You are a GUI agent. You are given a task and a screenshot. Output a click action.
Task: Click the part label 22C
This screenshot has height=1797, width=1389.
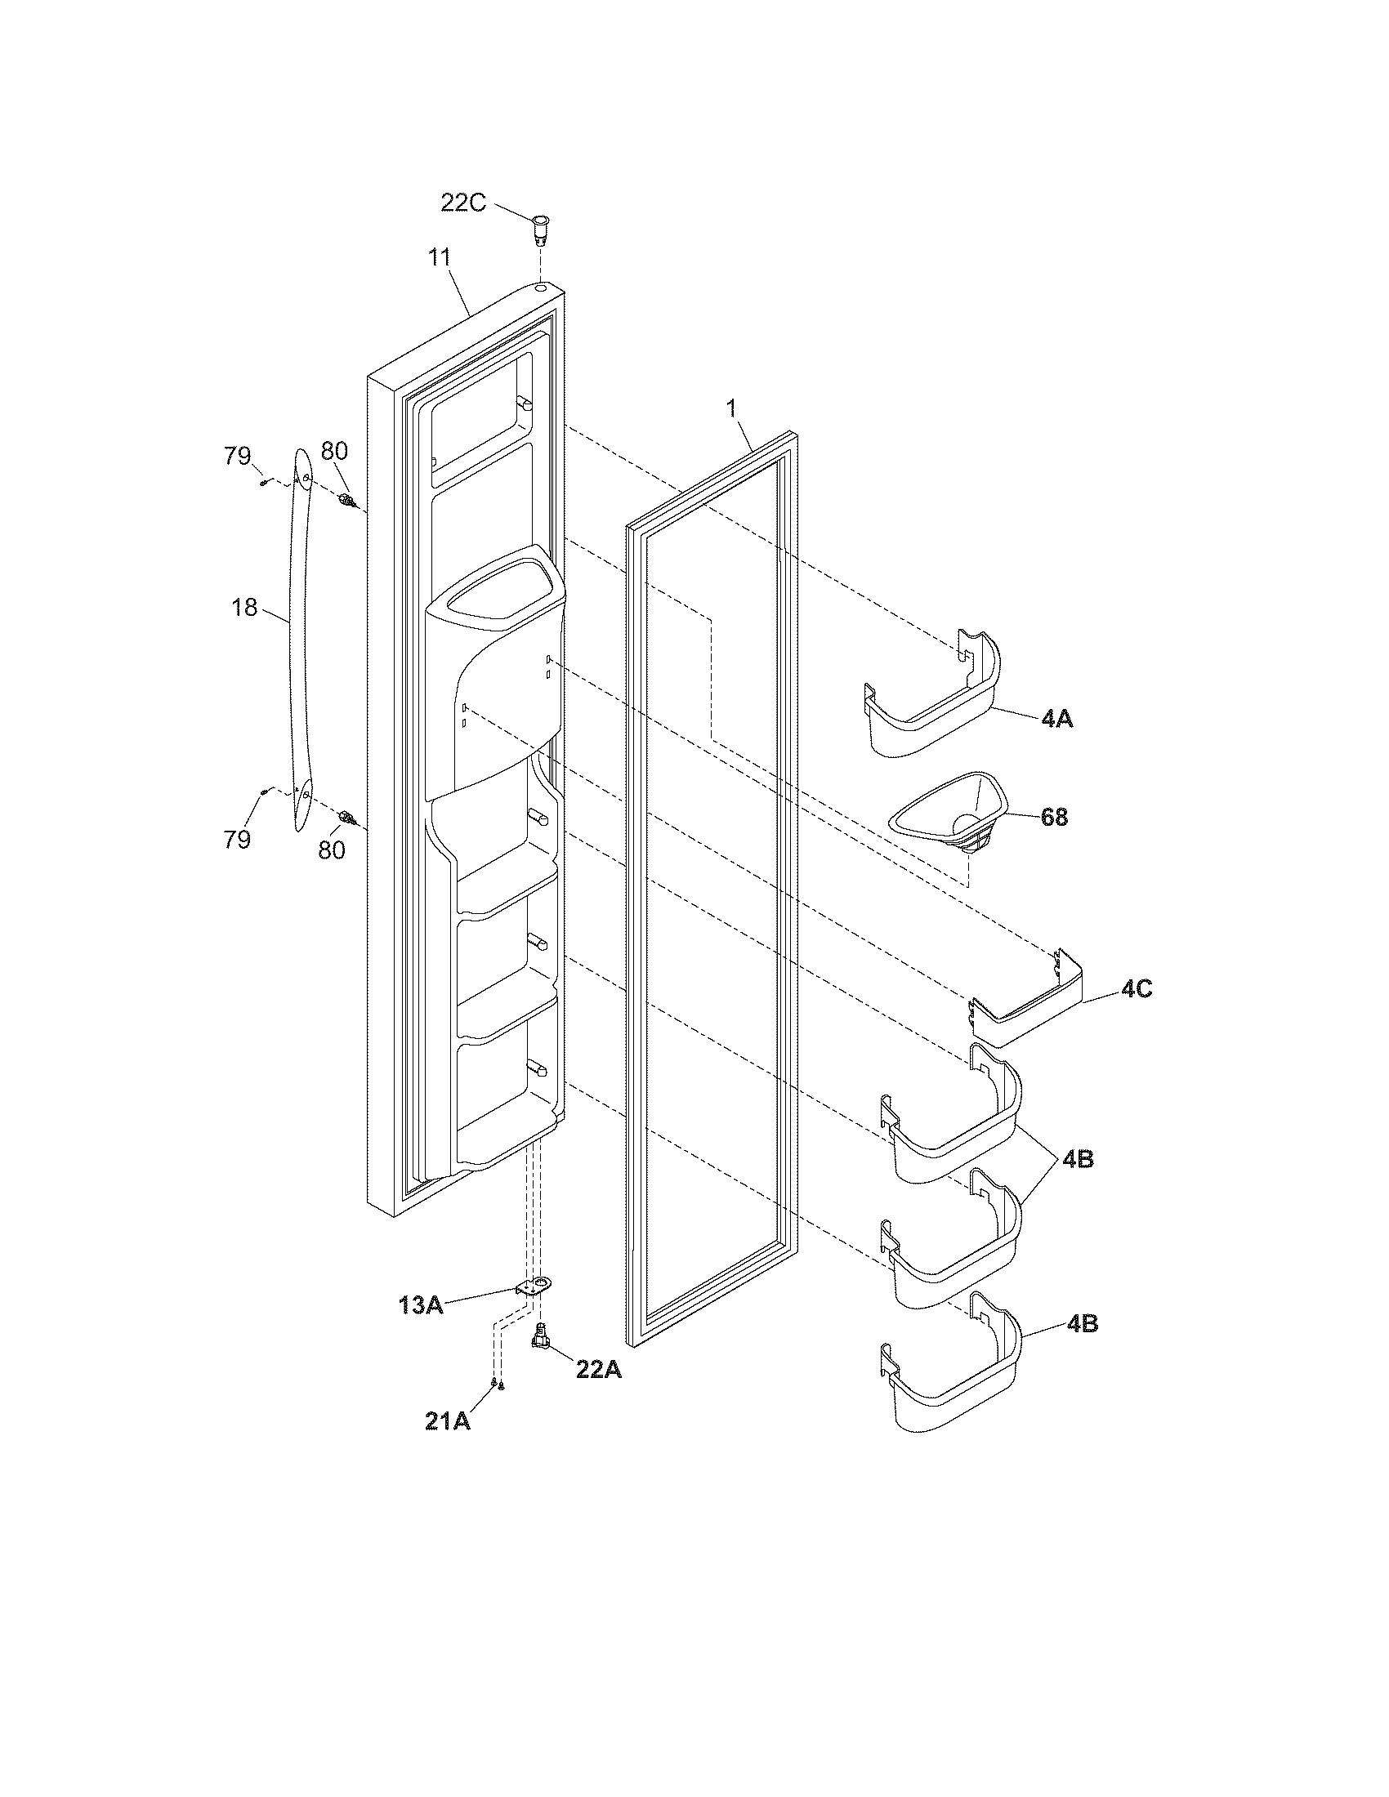coord(463,202)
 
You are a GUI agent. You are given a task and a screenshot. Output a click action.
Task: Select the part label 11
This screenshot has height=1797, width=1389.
coord(440,257)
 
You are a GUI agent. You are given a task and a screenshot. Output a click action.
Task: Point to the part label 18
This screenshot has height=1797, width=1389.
coord(244,608)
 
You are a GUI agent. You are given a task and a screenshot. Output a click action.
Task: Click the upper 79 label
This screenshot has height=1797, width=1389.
coord(239,455)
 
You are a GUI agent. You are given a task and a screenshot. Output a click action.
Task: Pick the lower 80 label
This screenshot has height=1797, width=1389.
coord(332,850)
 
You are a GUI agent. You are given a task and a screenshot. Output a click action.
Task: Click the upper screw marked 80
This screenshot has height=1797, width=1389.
coord(347,498)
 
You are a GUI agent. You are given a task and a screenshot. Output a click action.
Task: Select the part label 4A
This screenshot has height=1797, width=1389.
coord(1057,718)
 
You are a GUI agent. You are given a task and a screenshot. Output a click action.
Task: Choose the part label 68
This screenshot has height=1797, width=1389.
coord(1054,817)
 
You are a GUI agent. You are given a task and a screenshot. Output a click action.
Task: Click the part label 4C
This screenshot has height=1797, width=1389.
coord(1137,990)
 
